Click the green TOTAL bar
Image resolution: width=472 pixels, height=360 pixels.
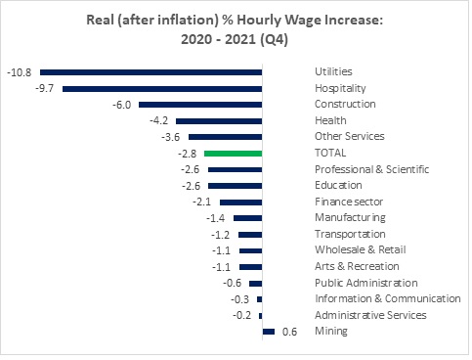coord(233,154)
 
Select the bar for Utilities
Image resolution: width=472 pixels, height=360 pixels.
coord(150,71)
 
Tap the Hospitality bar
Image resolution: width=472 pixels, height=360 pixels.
coord(162,88)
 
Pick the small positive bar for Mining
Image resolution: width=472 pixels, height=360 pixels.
coord(269,332)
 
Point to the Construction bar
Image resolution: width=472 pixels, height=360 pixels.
coord(200,105)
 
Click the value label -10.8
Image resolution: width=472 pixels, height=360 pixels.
coord(20,71)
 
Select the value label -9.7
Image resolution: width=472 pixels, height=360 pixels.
coord(45,88)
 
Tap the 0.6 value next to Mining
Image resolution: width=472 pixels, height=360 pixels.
coord(289,332)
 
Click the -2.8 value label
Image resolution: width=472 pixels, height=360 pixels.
coord(188,154)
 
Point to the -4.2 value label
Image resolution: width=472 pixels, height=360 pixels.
coord(159,120)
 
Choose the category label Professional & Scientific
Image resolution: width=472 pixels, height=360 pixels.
coord(371,169)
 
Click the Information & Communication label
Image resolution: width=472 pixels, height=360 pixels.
coord(387,298)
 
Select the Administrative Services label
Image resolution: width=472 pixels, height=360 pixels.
coord(370,315)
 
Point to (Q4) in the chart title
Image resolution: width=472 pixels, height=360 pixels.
coord(307,42)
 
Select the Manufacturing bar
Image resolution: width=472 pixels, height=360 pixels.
coord(247,218)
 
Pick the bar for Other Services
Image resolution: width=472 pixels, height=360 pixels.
coord(225,137)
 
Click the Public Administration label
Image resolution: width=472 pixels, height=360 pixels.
coord(366,283)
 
